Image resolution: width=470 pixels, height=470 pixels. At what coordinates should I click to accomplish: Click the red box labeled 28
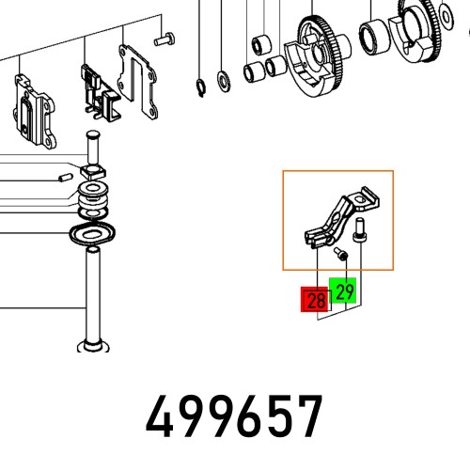tap(314, 300)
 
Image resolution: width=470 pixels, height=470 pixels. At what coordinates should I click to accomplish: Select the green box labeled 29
tap(342, 290)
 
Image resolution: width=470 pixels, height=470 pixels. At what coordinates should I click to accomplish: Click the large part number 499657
tap(234, 416)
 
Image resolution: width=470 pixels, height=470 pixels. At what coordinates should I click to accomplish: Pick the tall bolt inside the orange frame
tap(358, 231)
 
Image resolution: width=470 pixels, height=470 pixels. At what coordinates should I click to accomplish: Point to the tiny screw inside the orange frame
tap(340, 254)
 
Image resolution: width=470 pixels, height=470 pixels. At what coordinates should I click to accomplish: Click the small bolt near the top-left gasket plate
tap(164, 39)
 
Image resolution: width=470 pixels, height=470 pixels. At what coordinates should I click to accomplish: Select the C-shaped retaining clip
tap(200, 88)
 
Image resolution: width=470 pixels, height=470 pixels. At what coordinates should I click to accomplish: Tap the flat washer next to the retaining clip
tap(224, 82)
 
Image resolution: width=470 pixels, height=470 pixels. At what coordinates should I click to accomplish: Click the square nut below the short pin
tap(93, 172)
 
